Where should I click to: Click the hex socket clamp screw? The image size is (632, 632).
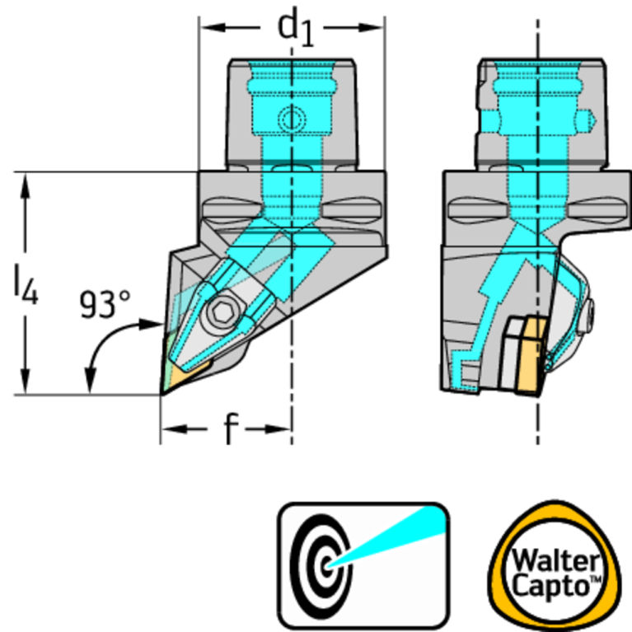pos(220,313)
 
